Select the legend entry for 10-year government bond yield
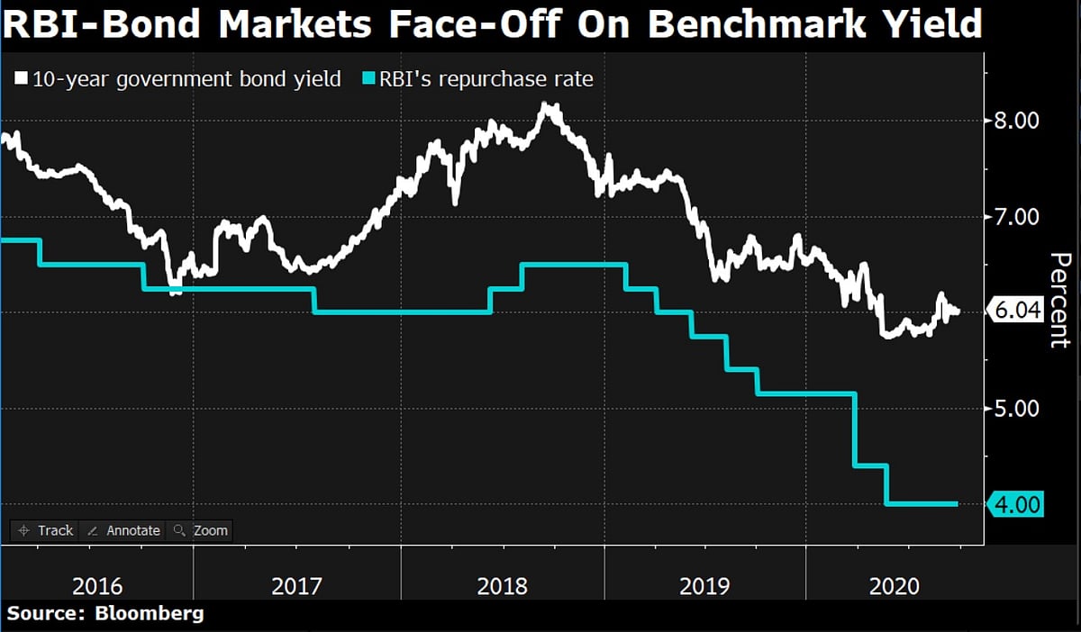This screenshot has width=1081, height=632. pyautogui.click(x=186, y=79)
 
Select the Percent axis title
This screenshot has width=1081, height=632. pyautogui.click(x=1060, y=300)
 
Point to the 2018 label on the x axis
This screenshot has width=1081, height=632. pyautogui.click(x=503, y=587)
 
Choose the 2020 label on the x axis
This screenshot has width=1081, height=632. pyautogui.click(x=895, y=587)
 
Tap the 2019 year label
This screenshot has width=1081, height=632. pyautogui.click(x=704, y=587)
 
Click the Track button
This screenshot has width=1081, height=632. pyautogui.click(x=45, y=530)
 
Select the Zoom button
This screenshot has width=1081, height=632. pyautogui.click(x=201, y=530)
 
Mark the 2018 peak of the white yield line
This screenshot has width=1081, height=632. pyautogui.click(x=547, y=106)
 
